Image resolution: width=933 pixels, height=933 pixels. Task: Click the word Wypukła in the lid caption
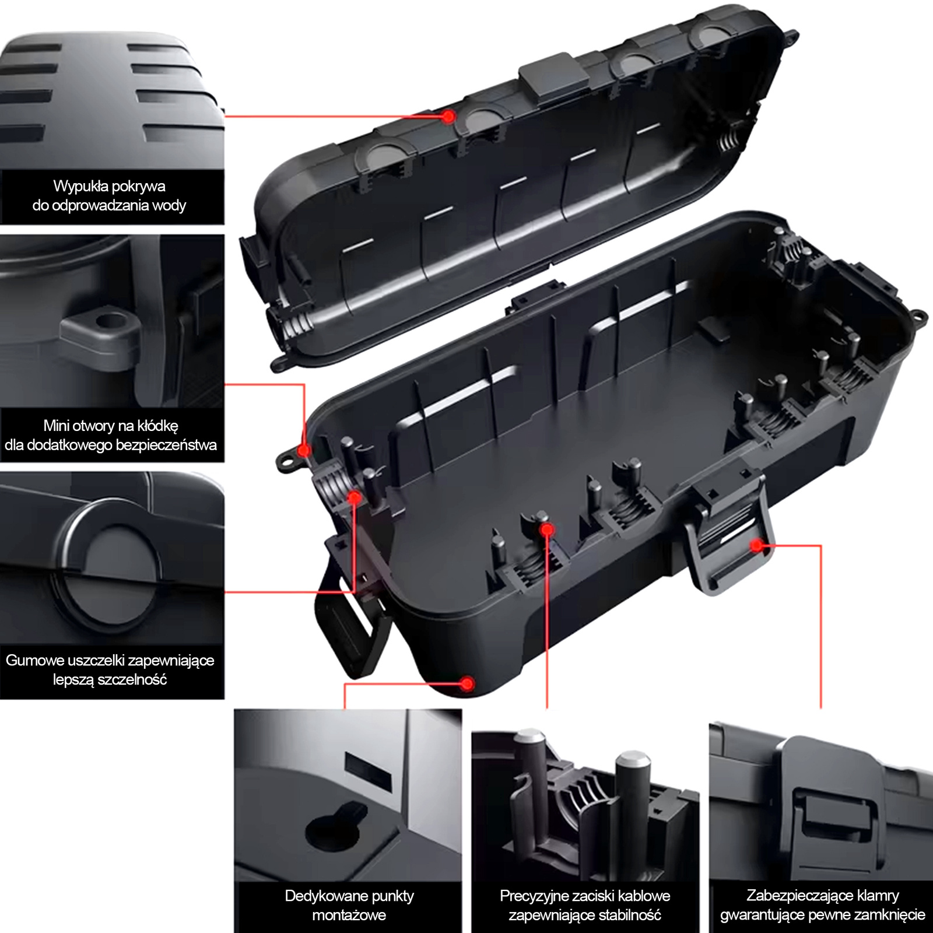pyautogui.click(x=80, y=187)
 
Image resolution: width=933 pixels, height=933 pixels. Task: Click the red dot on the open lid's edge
pyautogui.click(x=448, y=116)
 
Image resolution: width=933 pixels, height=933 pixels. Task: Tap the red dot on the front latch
pyautogui.click(x=756, y=545)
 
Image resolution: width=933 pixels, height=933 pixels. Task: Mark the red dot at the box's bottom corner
pyautogui.click(x=466, y=683)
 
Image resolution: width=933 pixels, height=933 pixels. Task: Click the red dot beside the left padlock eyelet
pyautogui.click(x=304, y=450)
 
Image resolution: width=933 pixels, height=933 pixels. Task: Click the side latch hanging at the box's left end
pyautogui.click(x=350, y=595)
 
